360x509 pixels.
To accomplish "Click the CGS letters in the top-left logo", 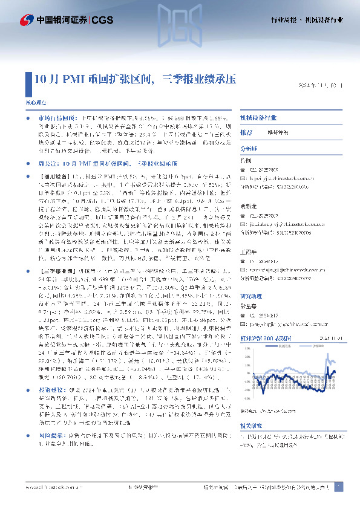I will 103,19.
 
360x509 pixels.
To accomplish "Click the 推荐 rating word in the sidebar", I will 246,132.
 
